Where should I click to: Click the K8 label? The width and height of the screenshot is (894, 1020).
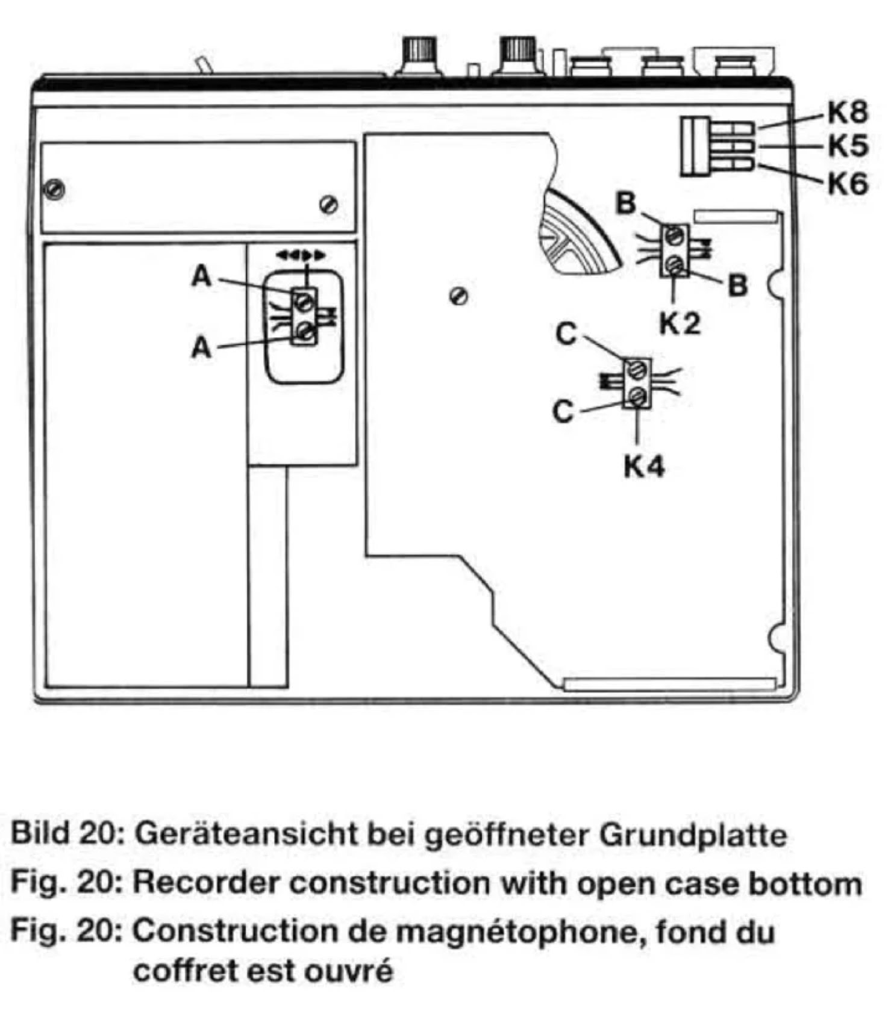pyautogui.click(x=848, y=112)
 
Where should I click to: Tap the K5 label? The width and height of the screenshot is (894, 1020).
pyautogui.click(x=848, y=146)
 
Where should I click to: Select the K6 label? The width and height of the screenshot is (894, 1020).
pyautogui.click(x=848, y=183)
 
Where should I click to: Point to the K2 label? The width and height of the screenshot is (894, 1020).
pyautogui.click(x=680, y=324)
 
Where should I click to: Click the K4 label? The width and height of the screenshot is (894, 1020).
pyautogui.click(x=643, y=467)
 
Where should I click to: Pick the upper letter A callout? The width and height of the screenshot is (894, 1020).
pyautogui.click(x=202, y=277)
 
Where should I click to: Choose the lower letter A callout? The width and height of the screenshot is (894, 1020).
pyautogui.click(x=202, y=348)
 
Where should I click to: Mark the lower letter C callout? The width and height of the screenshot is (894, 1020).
pyautogui.click(x=563, y=412)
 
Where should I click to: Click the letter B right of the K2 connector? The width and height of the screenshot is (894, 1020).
pyautogui.click(x=738, y=286)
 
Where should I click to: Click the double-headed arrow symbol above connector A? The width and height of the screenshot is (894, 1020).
pyautogui.click(x=301, y=255)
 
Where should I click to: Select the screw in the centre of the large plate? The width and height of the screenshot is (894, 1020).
pyautogui.click(x=459, y=296)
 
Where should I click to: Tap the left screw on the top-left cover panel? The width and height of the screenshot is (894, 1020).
pyautogui.click(x=55, y=190)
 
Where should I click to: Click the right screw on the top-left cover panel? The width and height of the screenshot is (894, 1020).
pyautogui.click(x=329, y=205)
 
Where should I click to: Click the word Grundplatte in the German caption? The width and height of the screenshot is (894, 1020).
pyautogui.click(x=693, y=835)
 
